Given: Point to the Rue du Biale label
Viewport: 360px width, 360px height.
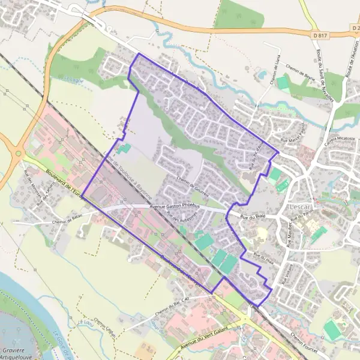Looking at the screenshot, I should pos(252,215).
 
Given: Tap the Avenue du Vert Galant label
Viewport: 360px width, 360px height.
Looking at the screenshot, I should pos(204,343).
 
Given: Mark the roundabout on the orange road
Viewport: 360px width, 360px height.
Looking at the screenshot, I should pos(19,153).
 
